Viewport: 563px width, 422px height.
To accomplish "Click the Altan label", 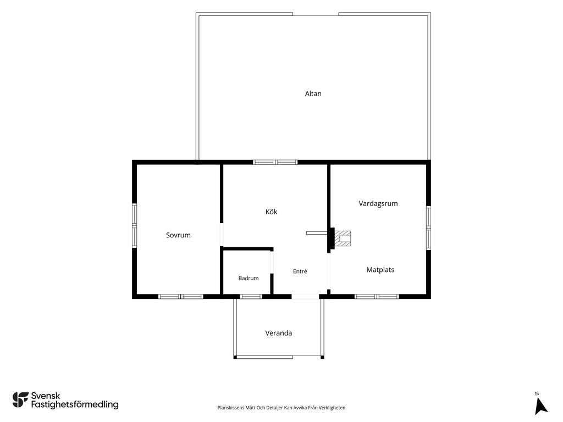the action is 313,93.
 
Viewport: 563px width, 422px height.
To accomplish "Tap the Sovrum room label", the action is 178,235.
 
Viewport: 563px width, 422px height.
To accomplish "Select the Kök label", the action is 271,212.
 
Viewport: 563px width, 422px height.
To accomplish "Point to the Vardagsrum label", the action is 378,203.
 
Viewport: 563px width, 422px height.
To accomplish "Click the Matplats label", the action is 380,269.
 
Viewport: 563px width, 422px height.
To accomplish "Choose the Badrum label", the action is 249,278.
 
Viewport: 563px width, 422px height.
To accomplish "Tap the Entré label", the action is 300,271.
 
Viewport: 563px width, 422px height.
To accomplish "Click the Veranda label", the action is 278,333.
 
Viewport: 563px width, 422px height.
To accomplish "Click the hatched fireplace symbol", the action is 343,238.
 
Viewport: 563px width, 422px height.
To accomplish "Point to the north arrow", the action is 540,407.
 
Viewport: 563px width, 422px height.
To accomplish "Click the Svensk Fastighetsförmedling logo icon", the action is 20,400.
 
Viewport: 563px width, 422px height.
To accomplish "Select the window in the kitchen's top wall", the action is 275,162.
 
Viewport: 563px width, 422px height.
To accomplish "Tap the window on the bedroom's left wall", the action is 134,225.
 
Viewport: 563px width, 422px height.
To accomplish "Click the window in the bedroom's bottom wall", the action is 180,296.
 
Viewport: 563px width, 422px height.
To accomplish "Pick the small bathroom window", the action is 251,296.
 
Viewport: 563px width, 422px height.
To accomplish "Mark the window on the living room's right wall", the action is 428,227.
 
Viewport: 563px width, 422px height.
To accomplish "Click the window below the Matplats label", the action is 377,296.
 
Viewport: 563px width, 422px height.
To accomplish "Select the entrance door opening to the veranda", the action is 305,296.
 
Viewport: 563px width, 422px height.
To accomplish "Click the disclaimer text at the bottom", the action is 281,408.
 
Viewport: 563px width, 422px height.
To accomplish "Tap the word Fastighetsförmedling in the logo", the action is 75,404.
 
